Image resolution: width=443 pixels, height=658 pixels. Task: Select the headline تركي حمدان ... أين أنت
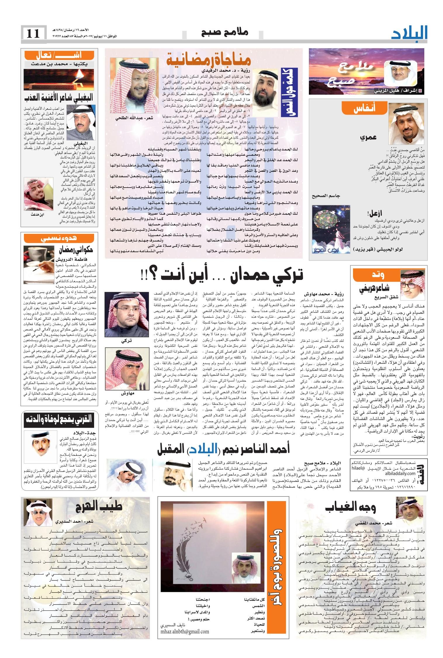pos(222,274)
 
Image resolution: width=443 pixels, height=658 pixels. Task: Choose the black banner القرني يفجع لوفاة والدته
pos(58,419)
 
